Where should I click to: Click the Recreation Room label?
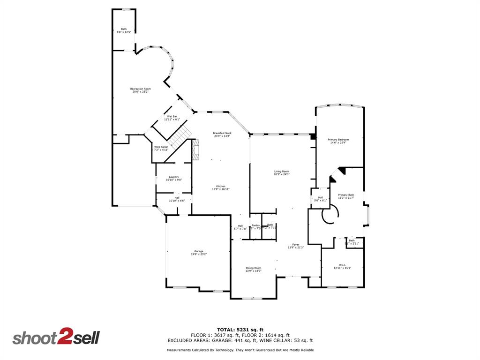pyautogui.click(x=141, y=90)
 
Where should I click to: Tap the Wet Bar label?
pyautogui.click(x=172, y=118)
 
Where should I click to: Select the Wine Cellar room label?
pyautogui.click(x=161, y=148)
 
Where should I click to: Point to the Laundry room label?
pyautogui.click(x=174, y=178)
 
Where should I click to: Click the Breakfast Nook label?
pyautogui.click(x=222, y=135)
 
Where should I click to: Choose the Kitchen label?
pyautogui.click(x=221, y=187)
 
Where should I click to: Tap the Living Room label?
pyautogui.click(x=282, y=173)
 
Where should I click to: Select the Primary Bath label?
pyautogui.click(x=346, y=196)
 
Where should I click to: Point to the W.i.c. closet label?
pyautogui.click(x=342, y=267)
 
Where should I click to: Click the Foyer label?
pyautogui.click(x=296, y=246)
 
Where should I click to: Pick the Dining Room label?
pyautogui.click(x=254, y=269)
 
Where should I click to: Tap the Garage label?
pyautogui.click(x=199, y=253)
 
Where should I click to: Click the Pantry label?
pyautogui.click(x=255, y=226)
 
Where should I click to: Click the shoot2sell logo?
pyautogui.click(x=56, y=338)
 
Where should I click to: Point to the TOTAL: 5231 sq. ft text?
pyautogui.click(x=240, y=330)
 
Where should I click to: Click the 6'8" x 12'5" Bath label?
pyautogui.click(x=124, y=30)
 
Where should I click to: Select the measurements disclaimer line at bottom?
pyautogui.click(x=240, y=350)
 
